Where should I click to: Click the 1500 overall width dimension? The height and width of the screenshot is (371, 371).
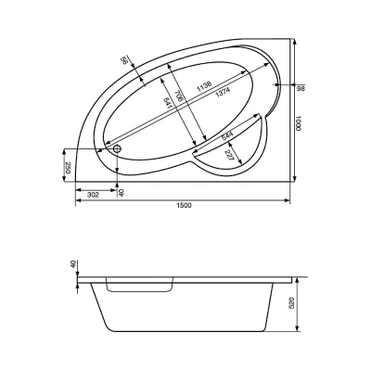coord(185,205)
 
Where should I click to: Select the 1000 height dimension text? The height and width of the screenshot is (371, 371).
coord(298,123)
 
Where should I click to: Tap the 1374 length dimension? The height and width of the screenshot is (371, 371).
coord(223,91)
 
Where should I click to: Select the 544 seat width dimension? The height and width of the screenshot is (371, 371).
coord(227,135)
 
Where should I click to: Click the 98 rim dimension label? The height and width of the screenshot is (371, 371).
coord(301,89)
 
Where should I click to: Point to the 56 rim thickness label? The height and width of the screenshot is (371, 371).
coord(124,60)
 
